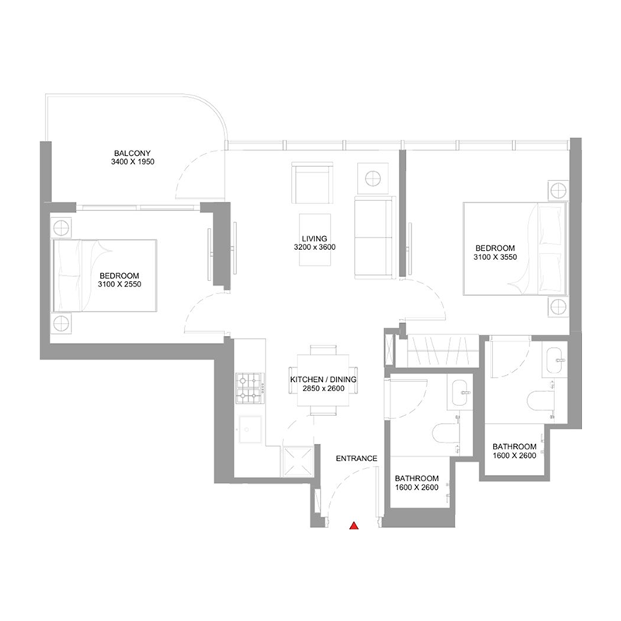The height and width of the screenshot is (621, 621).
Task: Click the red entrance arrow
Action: click(354, 527)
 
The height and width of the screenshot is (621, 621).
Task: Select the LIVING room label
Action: click(315, 239)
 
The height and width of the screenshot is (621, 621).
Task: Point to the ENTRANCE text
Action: click(356, 459)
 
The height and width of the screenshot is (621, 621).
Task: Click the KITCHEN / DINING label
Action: click(317, 380)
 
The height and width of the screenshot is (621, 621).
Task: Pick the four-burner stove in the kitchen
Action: click(251, 388)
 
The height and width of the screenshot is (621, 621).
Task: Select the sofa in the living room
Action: click(373, 238)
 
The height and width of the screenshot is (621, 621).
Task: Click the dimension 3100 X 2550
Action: click(120, 285)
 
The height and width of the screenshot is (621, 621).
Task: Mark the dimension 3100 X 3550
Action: click(496, 258)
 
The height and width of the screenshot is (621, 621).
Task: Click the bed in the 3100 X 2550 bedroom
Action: click(104, 275)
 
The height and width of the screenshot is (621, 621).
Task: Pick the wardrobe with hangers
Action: click(439, 351)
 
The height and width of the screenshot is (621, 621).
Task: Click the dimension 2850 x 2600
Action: click(317, 389)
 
